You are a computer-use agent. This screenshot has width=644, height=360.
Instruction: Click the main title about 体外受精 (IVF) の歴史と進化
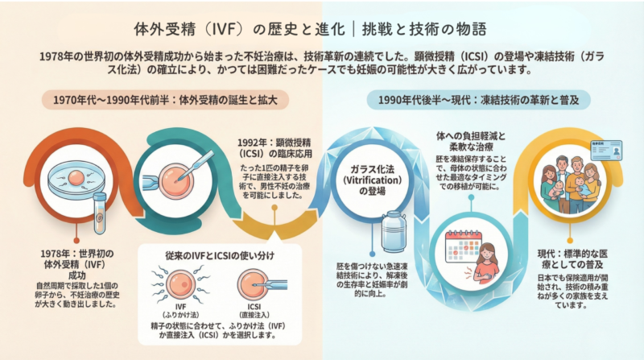311,29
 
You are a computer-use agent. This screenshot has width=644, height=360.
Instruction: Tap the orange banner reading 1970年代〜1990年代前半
165,100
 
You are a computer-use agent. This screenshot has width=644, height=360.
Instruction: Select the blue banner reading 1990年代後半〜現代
478,100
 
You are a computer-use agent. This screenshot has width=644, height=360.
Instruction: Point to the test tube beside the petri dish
99,213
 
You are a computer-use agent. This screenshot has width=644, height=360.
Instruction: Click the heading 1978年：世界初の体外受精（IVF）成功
76,264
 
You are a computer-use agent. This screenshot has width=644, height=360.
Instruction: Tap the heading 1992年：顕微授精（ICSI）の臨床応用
275,148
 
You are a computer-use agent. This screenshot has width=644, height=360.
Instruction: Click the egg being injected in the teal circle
175,181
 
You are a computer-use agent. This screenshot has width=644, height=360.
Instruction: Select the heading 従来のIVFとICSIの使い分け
220,255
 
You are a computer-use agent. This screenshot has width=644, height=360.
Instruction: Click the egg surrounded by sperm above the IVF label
180,284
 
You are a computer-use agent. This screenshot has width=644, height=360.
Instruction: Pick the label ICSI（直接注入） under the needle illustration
254,311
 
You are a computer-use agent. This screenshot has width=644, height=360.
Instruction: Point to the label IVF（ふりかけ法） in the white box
180,311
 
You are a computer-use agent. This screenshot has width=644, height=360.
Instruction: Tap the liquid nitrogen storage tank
394,230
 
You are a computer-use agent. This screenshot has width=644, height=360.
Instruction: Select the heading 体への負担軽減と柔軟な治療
471,141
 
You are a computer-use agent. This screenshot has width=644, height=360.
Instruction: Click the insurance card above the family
606,151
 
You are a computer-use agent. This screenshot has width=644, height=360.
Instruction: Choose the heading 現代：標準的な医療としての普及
572,259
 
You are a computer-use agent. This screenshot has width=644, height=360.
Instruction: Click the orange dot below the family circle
570,241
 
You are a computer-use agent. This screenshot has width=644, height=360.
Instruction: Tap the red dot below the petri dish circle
76,241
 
